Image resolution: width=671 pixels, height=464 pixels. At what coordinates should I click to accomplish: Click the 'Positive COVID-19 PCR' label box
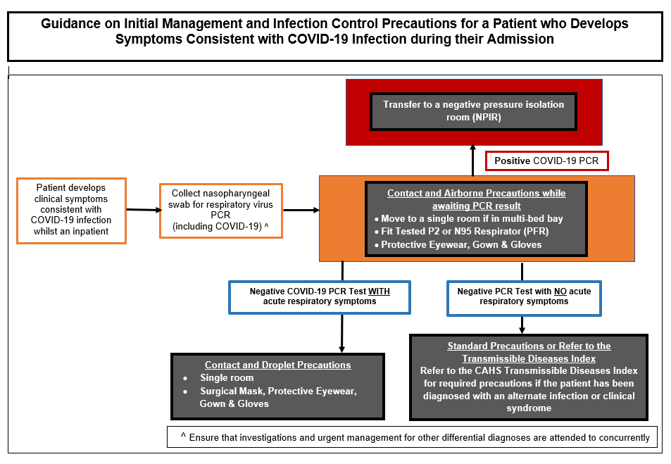click(x=546, y=161)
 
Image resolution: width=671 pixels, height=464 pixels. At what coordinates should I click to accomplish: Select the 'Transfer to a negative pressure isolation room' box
click(x=473, y=111)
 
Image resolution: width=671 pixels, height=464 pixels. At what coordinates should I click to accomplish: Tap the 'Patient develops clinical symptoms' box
click(x=71, y=210)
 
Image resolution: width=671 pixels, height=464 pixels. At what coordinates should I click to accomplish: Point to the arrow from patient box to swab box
click(x=143, y=210)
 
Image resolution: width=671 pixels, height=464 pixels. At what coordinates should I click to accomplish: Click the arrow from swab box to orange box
click(x=301, y=210)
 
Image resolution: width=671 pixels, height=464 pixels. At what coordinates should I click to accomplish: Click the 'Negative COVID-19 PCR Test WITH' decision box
click(x=320, y=296)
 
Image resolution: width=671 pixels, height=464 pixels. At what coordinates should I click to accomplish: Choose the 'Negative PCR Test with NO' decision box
click(x=524, y=296)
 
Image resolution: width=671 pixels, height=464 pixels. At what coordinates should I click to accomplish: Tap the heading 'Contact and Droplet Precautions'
click(x=277, y=365)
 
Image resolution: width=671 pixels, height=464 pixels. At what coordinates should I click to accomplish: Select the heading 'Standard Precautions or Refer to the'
click(x=529, y=346)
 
